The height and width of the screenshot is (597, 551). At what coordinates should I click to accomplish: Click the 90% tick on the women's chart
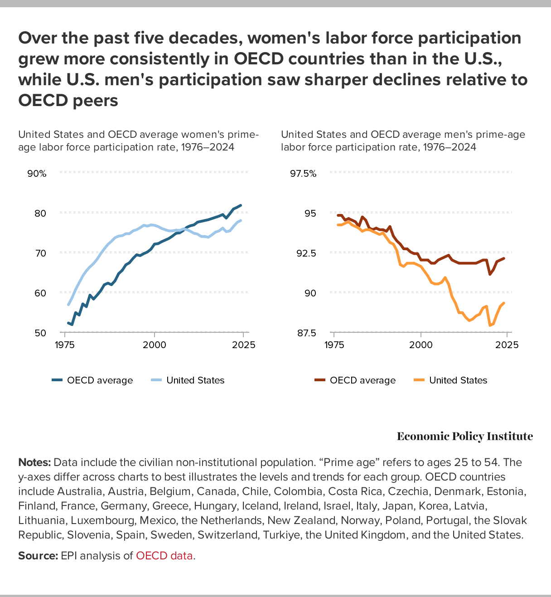click(x=37, y=174)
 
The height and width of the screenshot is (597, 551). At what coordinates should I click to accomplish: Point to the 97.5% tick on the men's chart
click(x=303, y=174)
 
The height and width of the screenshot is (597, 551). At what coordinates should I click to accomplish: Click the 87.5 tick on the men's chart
click(x=306, y=333)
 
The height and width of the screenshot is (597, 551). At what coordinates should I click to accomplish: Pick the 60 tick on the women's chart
click(x=40, y=293)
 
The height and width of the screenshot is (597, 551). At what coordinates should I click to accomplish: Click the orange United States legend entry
click(x=451, y=380)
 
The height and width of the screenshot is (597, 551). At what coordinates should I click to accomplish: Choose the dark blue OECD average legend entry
click(x=93, y=380)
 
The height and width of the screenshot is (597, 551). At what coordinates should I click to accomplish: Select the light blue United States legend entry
click(x=188, y=380)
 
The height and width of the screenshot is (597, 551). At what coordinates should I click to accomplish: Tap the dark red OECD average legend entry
click(x=356, y=380)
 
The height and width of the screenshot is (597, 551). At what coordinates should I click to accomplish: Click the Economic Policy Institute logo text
click(x=464, y=437)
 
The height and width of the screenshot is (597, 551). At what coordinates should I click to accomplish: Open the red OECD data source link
click(x=164, y=555)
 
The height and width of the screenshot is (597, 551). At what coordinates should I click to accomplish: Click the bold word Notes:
click(x=34, y=462)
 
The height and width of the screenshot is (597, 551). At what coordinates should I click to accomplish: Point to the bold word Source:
click(x=38, y=555)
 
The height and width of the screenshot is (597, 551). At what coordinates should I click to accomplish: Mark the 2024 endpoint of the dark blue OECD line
click(x=241, y=205)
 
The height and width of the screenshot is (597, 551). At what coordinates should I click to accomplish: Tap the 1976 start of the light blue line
click(x=68, y=305)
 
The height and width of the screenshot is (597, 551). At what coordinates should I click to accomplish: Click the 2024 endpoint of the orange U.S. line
click(x=504, y=303)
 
